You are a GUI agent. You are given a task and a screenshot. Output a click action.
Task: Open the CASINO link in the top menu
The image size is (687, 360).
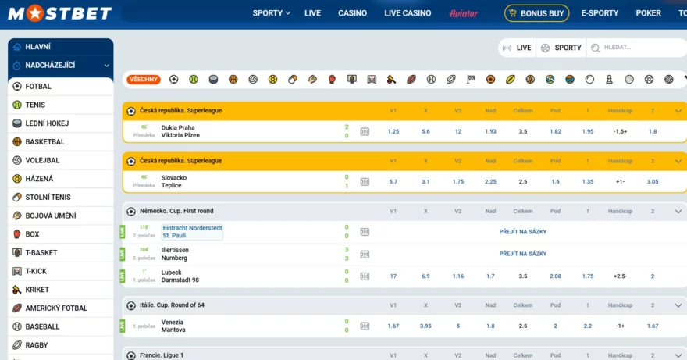point(352,13)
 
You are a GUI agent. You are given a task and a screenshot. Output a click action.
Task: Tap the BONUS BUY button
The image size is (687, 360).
point(536,13)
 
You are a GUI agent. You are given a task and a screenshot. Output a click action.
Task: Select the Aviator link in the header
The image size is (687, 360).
point(463,13)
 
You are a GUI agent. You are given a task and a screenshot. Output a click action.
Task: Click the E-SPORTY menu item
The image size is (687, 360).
point(600,13)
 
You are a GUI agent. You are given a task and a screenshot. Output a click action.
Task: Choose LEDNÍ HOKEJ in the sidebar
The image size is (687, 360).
point(47,123)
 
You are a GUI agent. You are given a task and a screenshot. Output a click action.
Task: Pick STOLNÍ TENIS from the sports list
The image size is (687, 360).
point(48,198)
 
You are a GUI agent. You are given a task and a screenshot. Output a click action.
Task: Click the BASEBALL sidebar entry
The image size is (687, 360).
point(42,326)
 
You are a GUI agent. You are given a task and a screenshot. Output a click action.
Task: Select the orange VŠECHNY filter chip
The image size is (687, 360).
point(144,80)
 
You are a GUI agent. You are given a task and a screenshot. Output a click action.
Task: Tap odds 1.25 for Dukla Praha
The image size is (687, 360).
point(393,131)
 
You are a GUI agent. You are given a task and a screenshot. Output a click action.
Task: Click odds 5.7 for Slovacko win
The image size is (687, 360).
point(393,181)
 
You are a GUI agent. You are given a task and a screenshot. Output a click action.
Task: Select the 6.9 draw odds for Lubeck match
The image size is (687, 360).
point(425,276)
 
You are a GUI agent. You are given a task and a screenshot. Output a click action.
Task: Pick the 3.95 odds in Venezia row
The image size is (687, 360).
point(425,326)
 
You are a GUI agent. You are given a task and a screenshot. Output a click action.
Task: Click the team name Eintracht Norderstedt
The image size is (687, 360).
point(191,228)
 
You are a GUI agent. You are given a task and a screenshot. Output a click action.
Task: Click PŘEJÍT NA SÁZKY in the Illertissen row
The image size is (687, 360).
point(522,254)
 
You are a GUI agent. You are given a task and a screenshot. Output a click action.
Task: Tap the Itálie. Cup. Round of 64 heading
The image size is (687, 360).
point(172,305)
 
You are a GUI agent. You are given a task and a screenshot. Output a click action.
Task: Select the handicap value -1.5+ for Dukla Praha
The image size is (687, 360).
point(620,131)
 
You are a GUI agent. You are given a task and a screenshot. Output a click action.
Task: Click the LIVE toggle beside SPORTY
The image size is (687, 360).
point(517,48)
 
